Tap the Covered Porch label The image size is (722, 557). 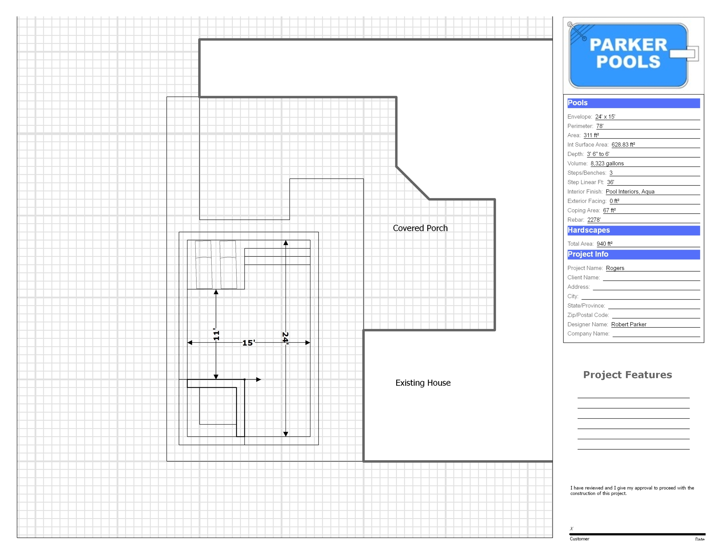[420, 228]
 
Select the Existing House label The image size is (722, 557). [423, 383]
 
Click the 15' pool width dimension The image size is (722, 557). [248, 343]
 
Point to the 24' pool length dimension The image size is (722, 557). [285, 338]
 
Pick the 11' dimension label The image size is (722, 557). [216, 334]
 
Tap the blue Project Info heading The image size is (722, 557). [588, 254]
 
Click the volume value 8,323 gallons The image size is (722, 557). [607, 163]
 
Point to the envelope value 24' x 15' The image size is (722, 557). [605, 117]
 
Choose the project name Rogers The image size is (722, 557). [615, 268]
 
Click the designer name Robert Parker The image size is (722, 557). [628, 324]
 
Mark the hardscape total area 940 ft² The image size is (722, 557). [604, 244]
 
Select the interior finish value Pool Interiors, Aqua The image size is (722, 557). [630, 191]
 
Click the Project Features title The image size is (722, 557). [628, 375]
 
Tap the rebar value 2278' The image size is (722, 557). [594, 220]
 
